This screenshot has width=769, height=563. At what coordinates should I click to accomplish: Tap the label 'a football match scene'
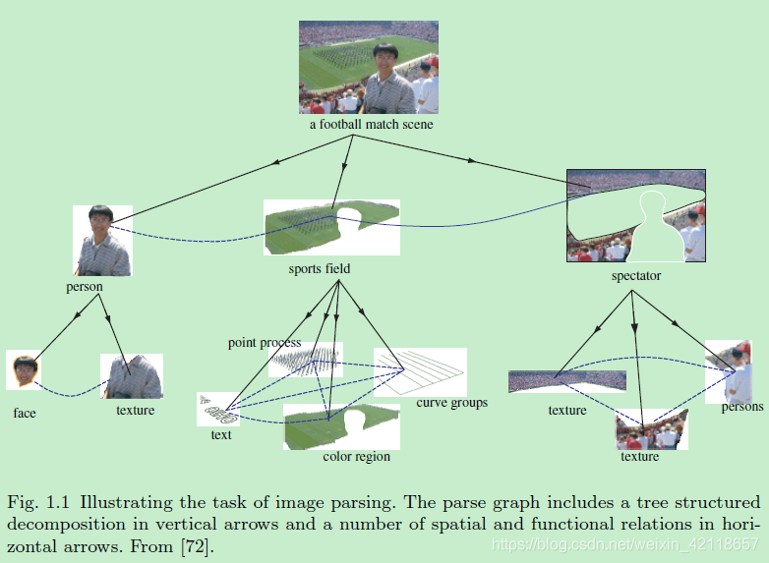(370, 125)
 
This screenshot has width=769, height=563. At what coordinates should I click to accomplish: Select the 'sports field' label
(319, 268)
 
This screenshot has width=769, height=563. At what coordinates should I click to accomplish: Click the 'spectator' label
(635, 276)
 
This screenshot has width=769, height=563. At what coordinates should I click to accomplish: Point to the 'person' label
(84, 287)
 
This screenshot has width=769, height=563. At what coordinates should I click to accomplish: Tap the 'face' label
(25, 413)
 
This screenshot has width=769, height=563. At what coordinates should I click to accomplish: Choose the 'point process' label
(265, 343)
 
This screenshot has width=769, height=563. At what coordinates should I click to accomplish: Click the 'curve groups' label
(451, 402)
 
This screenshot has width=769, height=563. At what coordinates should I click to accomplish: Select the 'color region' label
(356, 456)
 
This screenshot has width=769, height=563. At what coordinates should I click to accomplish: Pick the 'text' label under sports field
(221, 433)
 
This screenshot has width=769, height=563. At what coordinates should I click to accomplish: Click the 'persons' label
(742, 407)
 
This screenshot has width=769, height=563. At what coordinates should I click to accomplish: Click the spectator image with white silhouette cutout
(635, 216)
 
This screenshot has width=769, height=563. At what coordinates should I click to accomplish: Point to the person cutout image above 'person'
(102, 240)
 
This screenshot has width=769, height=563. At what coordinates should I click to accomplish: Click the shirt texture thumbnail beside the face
(132, 377)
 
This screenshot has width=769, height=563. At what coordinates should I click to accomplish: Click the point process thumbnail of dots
(305, 360)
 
